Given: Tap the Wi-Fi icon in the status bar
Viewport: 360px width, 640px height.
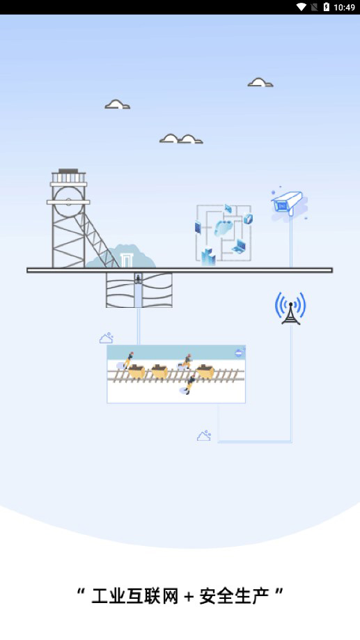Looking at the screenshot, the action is click(302, 7).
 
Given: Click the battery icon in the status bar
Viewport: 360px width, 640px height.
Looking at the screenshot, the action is click(327, 7).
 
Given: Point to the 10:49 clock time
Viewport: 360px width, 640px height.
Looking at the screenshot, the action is click(345, 8).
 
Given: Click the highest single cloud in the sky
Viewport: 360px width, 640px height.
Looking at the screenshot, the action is click(260, 82).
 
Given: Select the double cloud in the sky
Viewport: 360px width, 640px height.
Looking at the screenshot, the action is click(181, 139).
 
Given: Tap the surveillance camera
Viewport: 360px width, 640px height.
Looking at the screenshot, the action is click(288, 202).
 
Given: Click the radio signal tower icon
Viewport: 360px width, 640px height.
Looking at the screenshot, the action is click(290, 309).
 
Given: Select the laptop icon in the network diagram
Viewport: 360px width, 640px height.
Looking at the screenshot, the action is click(239, 247).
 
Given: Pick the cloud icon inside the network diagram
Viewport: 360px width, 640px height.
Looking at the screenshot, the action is click(224, 226).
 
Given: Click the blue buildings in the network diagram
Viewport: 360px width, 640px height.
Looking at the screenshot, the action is click(208, 257).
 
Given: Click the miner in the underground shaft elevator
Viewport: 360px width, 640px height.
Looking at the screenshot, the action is click(138, 279).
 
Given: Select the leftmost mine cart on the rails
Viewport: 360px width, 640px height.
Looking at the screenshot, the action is click(136, 371).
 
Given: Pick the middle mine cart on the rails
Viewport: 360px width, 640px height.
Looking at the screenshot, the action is click(159, 371).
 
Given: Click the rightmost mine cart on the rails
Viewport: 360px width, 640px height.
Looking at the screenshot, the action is click(205, 371).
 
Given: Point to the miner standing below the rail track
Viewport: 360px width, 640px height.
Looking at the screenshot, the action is click(190, 385).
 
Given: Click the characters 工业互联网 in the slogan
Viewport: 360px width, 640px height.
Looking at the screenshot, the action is click(135, 596).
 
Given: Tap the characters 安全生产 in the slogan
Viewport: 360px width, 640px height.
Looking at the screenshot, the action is click(234, 596).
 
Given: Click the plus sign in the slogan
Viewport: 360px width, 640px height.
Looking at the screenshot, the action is click(189, 597).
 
